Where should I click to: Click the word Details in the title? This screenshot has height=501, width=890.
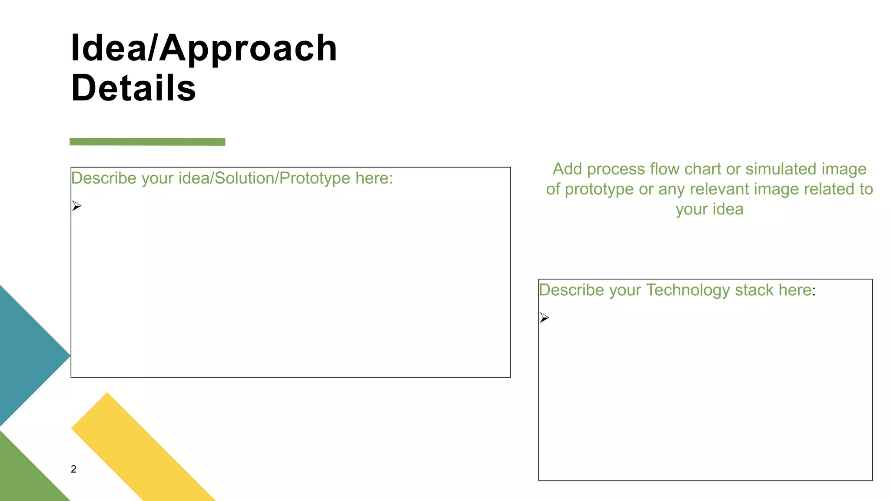pos(133,88)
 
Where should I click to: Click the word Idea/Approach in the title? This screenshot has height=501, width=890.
pos(203,48)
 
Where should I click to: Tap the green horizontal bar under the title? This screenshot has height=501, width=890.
pos(147,142)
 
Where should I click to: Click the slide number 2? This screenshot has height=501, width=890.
pos(73,469)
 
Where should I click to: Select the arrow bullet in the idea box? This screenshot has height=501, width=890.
pos(76,206)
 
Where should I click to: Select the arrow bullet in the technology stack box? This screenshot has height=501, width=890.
pos(544,317)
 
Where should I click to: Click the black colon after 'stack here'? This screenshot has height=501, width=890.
pos(814,291)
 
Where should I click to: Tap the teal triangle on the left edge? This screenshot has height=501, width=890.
pos(26,356)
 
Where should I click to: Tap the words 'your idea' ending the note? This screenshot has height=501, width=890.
pos(710,210)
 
